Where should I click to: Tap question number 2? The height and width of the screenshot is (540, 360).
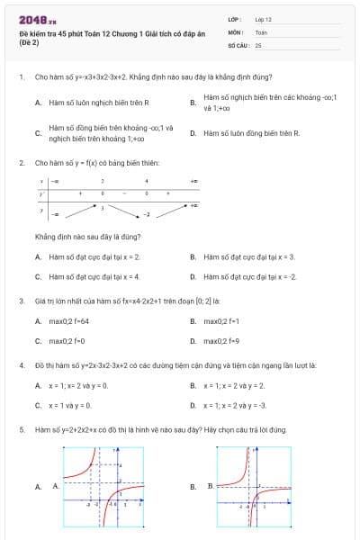click(21, 163)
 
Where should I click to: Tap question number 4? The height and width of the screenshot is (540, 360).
click(21, 365)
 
